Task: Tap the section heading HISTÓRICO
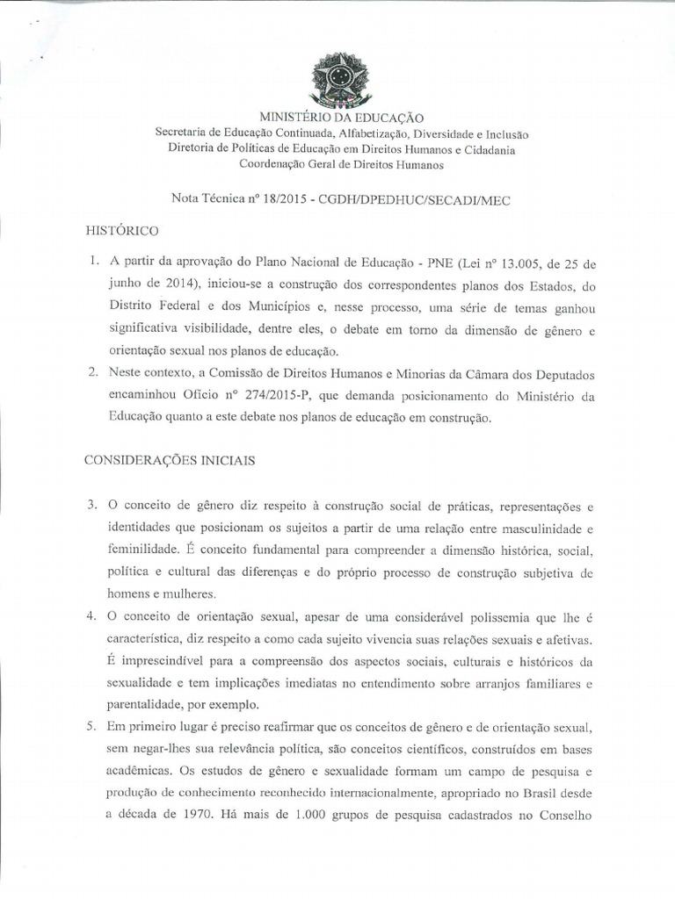(121, 231)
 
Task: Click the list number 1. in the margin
(92, 262)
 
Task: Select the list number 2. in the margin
(92, 373)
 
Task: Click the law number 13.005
(487, 262)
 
